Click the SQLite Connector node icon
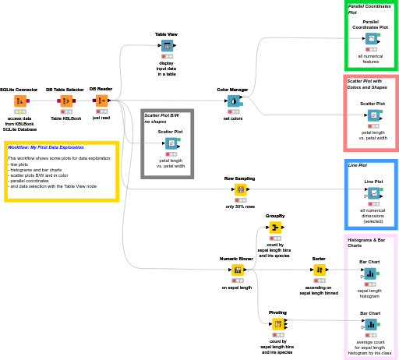click(x=19, y=101)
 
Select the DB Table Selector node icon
click(x=66, y=101)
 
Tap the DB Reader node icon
click(x=101, y=101)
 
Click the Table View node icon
click(x=167, y=47)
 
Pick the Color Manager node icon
click(x=233, y=101)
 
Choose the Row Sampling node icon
click(x=241, y=189)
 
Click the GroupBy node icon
click(x=275, y=227)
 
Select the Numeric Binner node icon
click(x=238, y=270)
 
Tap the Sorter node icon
click(x=320, y=270)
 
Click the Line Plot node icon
click(x=374, y=192)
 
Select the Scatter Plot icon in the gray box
click(x=171, y=143)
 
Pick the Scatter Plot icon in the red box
click(x=374, y=115)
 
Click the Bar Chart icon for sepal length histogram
click(x=370, y=274)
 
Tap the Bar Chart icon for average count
click(x=370, y=324)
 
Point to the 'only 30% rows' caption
click(x=241, y=206)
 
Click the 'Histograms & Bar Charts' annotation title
click(x=366, y=243)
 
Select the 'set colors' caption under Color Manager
click(x=233, y=118)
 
